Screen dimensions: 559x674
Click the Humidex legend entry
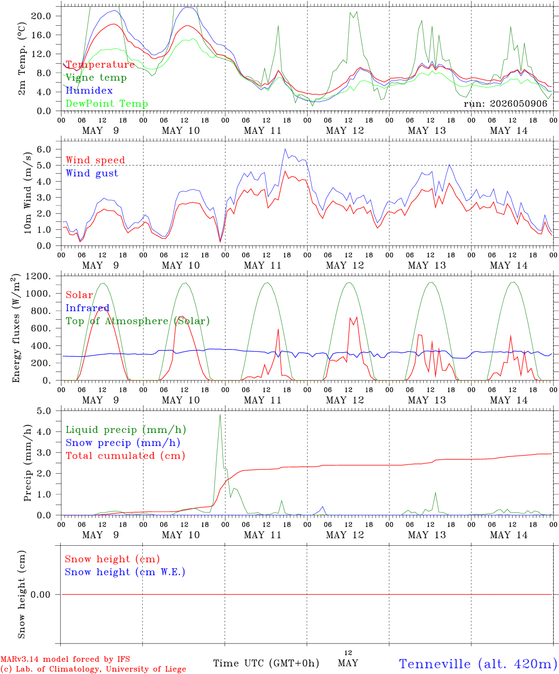click(x=89, y=90)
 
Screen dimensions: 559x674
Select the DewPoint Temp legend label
click(x=107, y=103)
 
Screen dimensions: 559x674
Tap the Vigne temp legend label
click(x=96, y=78)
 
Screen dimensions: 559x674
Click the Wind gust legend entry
click(x=92, y=173)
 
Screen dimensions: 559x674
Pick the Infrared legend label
click(x=88, y=308)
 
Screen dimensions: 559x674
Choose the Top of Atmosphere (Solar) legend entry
click(x=138, y=321)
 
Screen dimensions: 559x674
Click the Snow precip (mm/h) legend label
click(x=123, y=443)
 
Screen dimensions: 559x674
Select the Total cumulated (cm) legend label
click(x=125, y=455)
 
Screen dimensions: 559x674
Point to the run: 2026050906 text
click(x=506, y=103)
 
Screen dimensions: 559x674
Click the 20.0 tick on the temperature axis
click(x=41, y=16)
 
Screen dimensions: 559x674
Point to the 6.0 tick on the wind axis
click(x=44, y=149)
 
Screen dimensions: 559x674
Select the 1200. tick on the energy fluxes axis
click(x=38, y=276)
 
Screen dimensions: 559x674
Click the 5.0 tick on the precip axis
click(x=44, y=411)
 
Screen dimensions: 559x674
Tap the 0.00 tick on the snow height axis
click(x=40, y=594)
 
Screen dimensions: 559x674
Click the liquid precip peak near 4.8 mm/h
click(x=220, y=415)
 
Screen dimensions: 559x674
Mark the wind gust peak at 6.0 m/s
click(x=285, y=149)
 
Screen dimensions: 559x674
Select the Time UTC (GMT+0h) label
click(x=266, y=663)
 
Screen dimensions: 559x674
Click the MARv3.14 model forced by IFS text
click(x=65, y=659)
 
